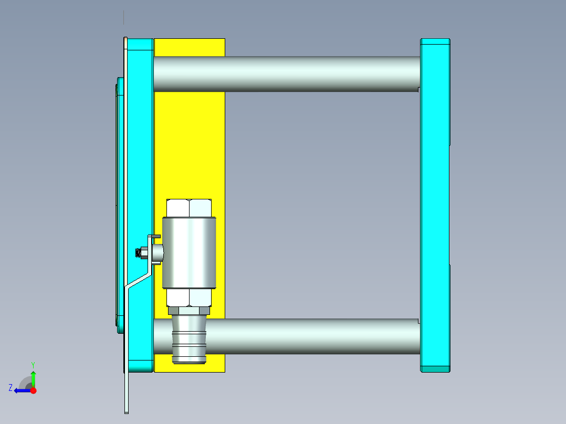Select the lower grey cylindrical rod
pyautogui.click(x=315, y=336)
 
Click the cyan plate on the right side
pyautogui.click(x=435, y=205)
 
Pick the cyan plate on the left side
pyautogui.click(x=140, y=157)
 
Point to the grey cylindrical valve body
pyautogui.click(x=189, y=253)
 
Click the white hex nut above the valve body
pyautogui.click(x=189, y=208)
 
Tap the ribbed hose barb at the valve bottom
pyautogui.click(x=189, y=341)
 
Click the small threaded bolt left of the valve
pyautogui.click(x=141, y=253)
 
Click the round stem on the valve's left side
pyautogui.click(x=158, y=253)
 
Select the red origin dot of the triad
pyautogui.click(x=33, y=390)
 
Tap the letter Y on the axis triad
pyautogui.click(x=33, y=364)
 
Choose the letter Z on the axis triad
pyautogui.click(x=11, y=388)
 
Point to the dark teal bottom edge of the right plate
pyautogui.click(x=435, y=369)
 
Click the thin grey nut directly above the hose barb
pyautogui.click(x=189, y=311)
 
